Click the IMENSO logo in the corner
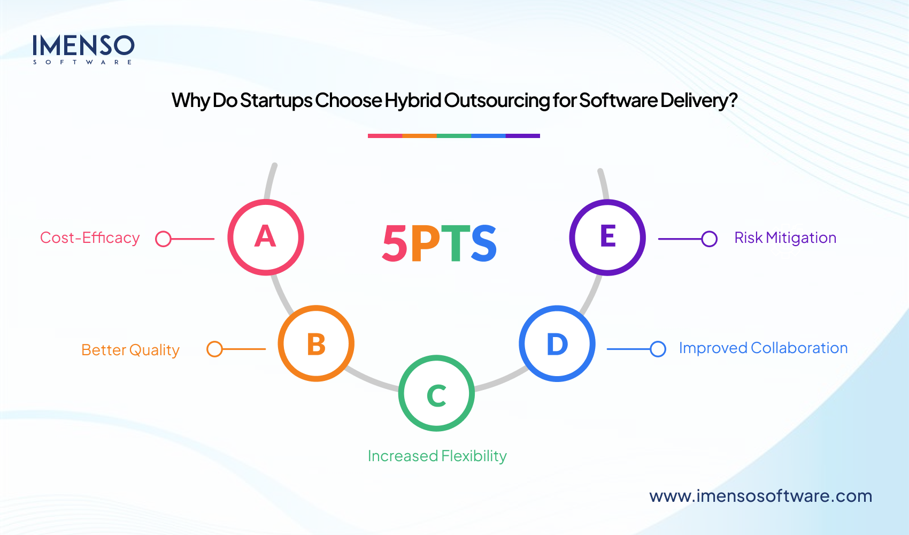(83, 49)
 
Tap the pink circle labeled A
(266, 238)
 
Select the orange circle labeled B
(316, 343)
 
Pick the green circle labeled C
(436, 393)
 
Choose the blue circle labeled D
(557, 343)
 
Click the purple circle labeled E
(607, 238)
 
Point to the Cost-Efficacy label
(90, 238)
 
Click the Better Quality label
(130, 350)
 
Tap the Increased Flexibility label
(437, 456)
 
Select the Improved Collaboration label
(763, 348)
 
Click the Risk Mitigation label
(785, 238)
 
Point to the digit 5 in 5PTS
(395, 243)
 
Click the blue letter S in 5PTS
(484, 243)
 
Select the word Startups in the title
(276, 101)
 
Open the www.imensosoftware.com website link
(760, 496)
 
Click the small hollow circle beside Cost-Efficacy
(163, 239)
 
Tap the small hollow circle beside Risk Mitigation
(709, 239)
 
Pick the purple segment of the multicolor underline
(522, 136)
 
